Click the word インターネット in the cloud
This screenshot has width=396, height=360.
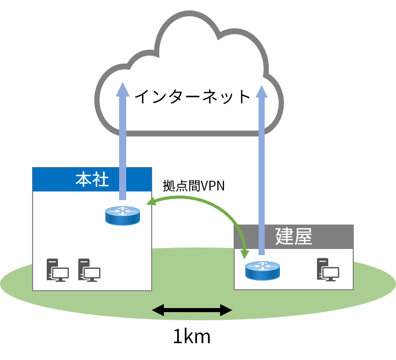pyautogui.click(x=193, y=97)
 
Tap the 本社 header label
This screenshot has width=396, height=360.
pyautogui.click(x=92, y=179)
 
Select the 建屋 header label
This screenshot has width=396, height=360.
pyautogui.click(x=293, y=237)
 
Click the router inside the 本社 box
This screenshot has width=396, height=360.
pyautogui.click(x=123, y=215)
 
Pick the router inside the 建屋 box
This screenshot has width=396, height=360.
pyautogui.click(x=263, y=270)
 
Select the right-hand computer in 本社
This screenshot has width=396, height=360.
pyautogui.click(x=89, y=270)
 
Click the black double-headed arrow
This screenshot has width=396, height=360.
pyautogui.click(x=192, y=310)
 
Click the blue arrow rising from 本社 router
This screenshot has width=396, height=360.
pyautogui.click(x=122, y=148)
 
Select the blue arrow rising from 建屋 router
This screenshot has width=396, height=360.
pyautogui.click(x=262, y=173)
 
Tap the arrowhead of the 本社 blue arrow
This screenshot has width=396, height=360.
pyautogui.click(x=122, y=89)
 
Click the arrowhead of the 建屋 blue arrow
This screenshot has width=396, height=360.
pyautogui.click(x=262, y=92)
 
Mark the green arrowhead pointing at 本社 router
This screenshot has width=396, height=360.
pyautogui.click(x=151, y=203)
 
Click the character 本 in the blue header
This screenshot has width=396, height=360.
pyautogui.click(x=83, y=179)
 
